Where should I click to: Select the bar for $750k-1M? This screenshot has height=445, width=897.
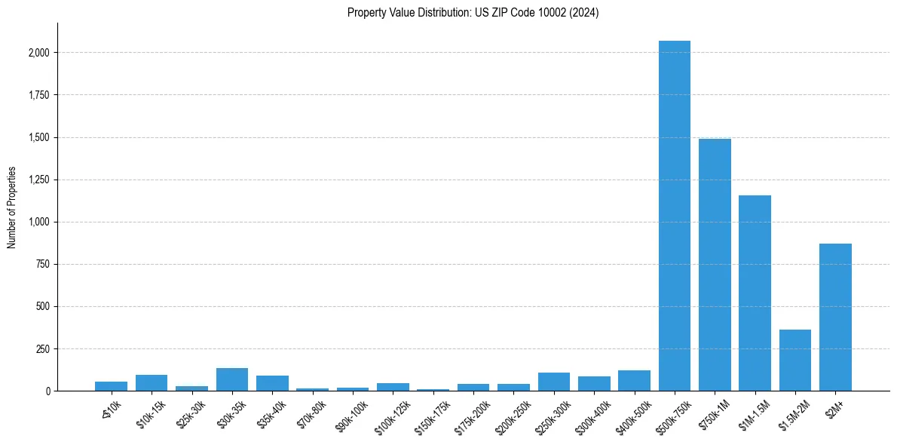715,265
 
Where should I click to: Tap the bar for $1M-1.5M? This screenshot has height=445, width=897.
755,293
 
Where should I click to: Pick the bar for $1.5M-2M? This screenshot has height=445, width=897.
795,361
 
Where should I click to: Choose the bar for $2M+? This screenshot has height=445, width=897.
835,318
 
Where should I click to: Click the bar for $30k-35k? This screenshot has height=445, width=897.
232,379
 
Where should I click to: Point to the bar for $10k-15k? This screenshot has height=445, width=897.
152,383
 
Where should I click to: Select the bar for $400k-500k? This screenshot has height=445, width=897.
634,381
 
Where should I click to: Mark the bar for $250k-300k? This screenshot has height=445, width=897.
554,382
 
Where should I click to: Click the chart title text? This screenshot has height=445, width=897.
473,13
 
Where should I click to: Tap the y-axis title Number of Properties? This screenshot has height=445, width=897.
12,207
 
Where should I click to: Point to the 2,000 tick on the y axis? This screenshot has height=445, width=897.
39,53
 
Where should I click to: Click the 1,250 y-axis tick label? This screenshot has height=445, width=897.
39,180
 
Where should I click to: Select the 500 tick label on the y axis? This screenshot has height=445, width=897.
43,307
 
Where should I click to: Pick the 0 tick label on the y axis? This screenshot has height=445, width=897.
47,391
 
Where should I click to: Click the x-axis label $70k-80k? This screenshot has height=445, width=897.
311,412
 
